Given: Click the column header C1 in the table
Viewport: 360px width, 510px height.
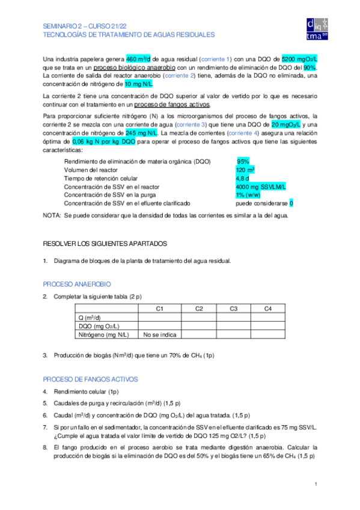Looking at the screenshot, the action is point(160,309).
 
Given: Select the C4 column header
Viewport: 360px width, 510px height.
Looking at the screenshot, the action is point(269,309).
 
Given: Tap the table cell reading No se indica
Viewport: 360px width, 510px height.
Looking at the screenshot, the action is point(160,334).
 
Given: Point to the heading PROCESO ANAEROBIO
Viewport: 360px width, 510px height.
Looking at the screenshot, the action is point(77,283).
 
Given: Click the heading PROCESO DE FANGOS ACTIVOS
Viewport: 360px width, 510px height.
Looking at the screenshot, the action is point(90,379).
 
